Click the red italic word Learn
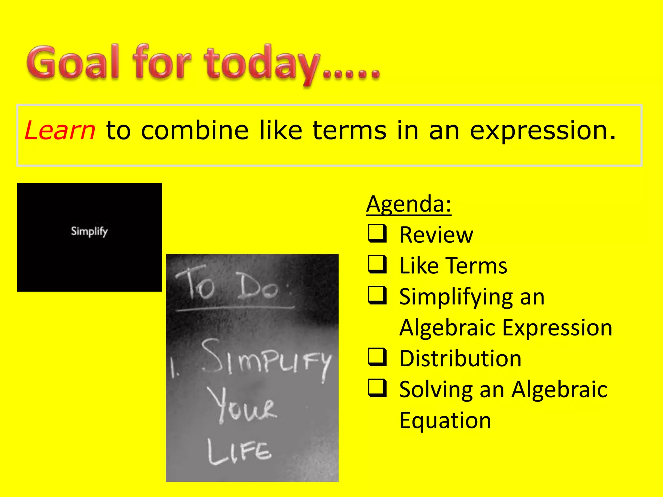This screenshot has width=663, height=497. tap(60, 130)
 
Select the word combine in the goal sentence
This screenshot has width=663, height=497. tap(195, 130)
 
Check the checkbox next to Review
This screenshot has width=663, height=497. tap(377, 234)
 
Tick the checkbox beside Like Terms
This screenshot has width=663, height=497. tap(377, 264)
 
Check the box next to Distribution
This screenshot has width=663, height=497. tap(377, 357)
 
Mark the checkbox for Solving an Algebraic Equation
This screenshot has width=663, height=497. tap(377, 388)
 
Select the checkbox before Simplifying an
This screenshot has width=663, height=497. tap(377, 295)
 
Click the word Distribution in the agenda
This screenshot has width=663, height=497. tap(460, 359)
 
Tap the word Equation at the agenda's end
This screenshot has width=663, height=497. tap(445, 420)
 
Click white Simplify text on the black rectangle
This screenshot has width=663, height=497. tap(89, 231)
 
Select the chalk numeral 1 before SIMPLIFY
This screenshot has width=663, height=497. tap(174, 369)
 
